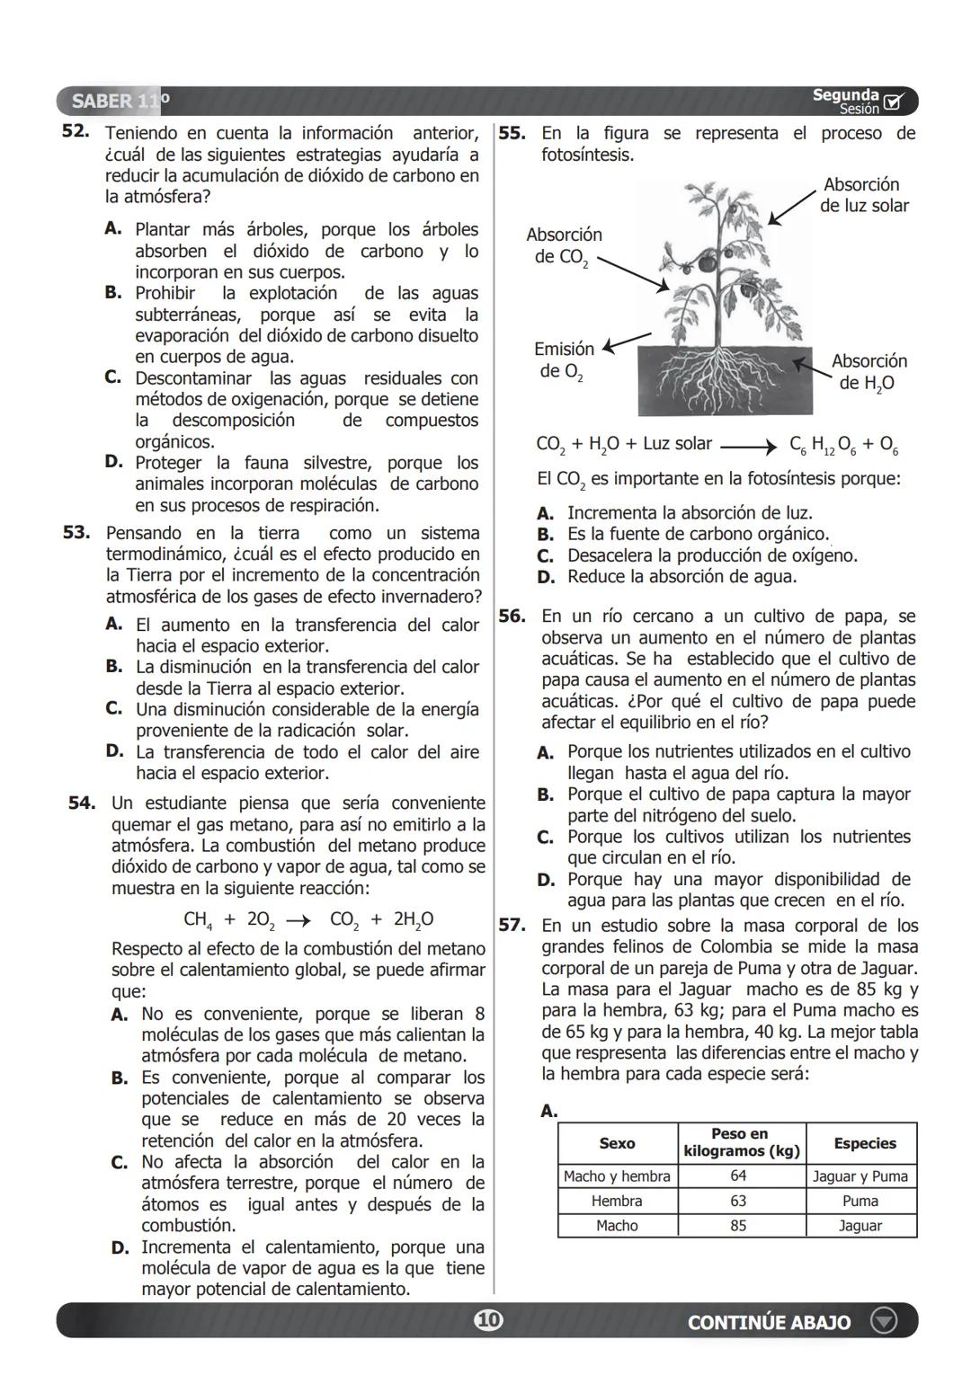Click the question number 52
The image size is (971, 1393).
tap(75, 131)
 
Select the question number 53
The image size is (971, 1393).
tap(76, 532)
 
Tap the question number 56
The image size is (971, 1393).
tap(512, 616)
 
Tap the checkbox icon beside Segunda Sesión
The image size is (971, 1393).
tap(894, 102)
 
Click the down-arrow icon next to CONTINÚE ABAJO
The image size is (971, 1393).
tap(884, 1321)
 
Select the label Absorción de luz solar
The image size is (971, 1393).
tap(863, 195)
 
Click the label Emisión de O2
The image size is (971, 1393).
tap(563, 360)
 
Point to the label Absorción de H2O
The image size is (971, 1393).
tap(869, 372)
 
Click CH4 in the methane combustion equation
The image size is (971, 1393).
tap(198, 919)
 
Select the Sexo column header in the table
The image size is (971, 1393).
tap(617, 1143)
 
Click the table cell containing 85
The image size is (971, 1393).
tap(738, 1226)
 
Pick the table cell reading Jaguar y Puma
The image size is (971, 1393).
tap(860, 1176)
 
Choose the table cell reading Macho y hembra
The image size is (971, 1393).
tap(617, 1176)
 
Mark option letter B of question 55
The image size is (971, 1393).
tap(545, 535)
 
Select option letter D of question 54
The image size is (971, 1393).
tap(120, 1247)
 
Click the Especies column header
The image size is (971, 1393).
tap(864, 1143)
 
